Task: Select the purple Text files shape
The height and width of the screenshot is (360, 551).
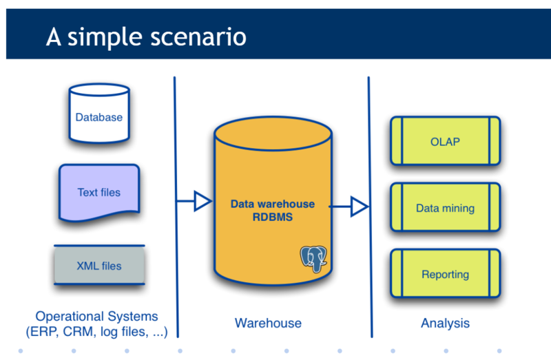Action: [98, 192]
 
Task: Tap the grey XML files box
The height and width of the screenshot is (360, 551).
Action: [99, 265]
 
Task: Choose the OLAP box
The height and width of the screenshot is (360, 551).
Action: [445, 142]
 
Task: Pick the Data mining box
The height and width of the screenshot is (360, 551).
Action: [445, 208]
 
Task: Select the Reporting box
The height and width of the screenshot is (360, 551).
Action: [445, 274]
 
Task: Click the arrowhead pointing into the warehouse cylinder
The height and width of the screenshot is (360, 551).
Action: [202, 201]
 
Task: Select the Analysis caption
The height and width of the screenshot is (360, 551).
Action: [445, 323]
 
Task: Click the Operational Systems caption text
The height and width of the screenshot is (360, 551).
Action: [96, 317]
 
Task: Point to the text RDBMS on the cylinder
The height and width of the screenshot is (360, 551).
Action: [273, 217]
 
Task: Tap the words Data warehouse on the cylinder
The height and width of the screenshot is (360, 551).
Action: [273, 204]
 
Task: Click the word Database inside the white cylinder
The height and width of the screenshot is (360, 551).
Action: [99, 117]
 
